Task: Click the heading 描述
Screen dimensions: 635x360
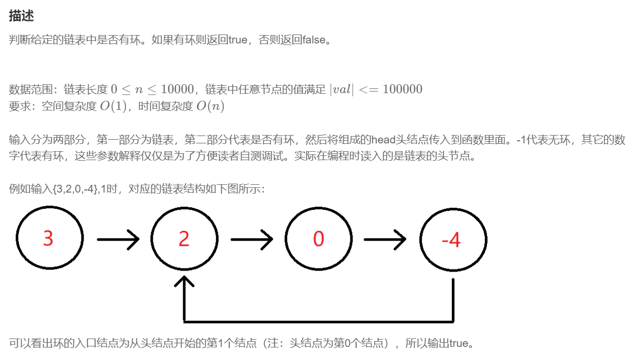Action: point(21,16)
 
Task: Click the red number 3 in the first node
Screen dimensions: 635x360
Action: point(48,239)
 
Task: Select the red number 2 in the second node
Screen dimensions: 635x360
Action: point(184,239)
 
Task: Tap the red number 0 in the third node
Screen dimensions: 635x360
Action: point(318,239)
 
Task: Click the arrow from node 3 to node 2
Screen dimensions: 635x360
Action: point(118,240)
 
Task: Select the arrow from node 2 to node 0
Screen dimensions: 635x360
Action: point(252,240)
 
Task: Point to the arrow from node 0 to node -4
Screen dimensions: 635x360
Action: point(385,240)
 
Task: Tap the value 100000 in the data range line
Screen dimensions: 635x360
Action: point(402,89)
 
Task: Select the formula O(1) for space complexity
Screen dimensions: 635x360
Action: point(114,106)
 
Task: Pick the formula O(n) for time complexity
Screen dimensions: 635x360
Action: point(210,106)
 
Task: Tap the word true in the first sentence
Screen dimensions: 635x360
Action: point(237,40)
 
